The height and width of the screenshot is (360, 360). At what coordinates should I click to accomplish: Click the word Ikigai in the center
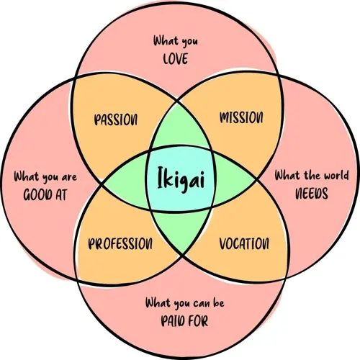click(x=181, y=179)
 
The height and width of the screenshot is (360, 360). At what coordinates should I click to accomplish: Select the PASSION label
click(x=116, y=120)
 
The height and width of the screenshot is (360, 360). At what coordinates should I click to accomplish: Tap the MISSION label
click(x=241, y=117)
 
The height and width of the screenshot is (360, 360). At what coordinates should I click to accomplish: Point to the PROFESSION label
click(x=120, y=243)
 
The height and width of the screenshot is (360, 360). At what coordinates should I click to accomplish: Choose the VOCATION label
click(x=244, y=243)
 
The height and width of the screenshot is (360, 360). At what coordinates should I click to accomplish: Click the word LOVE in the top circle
click(x=176, y=59)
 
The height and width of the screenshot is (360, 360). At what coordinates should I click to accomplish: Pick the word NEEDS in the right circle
click(x=312, y=193)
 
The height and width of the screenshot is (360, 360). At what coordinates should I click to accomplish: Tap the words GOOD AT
click(x=45, y=194)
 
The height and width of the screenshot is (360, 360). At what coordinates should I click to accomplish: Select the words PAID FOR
click(x=184, y=320)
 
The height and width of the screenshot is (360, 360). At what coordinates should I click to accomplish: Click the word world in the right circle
click(x=336, y=175)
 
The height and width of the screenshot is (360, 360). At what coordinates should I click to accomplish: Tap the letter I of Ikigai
click(x=161, y=177)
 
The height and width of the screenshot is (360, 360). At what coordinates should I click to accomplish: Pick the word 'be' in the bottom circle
click(x=218, y=302)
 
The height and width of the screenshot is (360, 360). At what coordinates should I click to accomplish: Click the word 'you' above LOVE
click(x=189, y=42)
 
